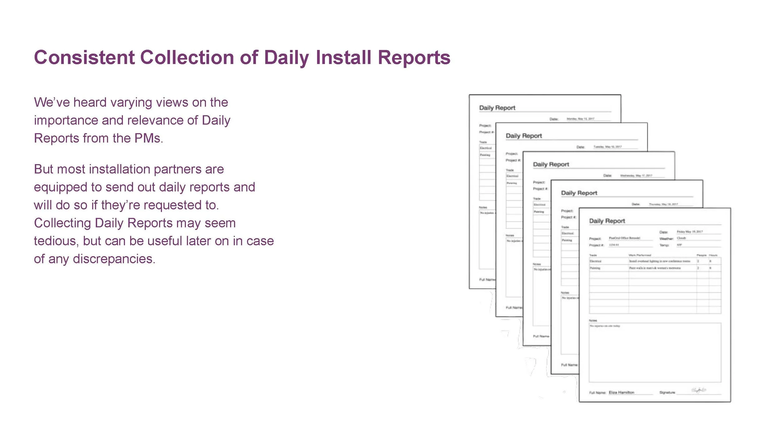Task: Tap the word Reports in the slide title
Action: [x=414, y=58]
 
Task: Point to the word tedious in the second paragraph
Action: [x=56, y=241]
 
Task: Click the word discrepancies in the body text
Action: [x=114, y=259]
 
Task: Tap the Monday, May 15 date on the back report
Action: [x=580, y=119]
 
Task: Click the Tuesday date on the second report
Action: [x=608, y=147]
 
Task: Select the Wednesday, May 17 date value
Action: [x=636, y=175]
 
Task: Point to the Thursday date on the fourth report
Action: [x=663, y=204]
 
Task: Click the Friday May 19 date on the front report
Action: [x=690, y=232]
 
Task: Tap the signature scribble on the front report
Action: [x=699, y=390]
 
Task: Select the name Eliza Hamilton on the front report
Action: [x=621, y=393]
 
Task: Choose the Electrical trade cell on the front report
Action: [x=595, y=261]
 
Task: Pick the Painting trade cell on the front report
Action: [x=595, y=268]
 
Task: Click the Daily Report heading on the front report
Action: [x=607, y=221]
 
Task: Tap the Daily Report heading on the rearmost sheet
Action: [x=497, y=108]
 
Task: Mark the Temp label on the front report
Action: [x=664, y=245]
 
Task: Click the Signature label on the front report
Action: [x=667, y=393]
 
